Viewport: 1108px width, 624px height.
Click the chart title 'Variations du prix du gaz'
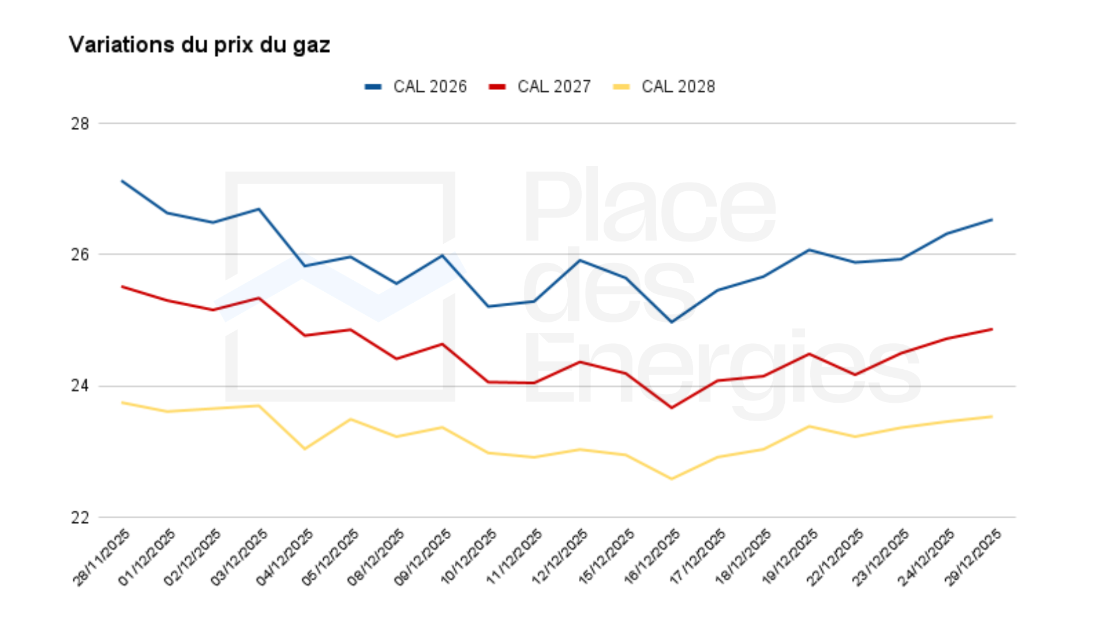coord(199,45)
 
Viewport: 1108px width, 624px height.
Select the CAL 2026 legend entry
coord(416,87)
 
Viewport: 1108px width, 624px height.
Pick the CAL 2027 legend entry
coord(540,87)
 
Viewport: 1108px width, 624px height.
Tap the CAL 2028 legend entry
coord(664,87)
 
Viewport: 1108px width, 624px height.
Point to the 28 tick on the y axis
coord(80,124)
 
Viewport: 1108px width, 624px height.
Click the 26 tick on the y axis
coord(80,254)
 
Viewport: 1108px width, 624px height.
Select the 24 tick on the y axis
coord(80,385)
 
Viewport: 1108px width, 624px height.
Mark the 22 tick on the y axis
coord(80,517)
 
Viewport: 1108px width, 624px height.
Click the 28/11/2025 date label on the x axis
coord(102,558)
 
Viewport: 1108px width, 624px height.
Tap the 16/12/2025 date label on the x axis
coord(652,558)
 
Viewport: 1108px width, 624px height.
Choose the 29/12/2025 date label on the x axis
coord(973,558)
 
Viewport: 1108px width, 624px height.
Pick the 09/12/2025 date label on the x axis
coord(423,558)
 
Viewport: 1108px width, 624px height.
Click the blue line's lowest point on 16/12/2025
coord(671,322)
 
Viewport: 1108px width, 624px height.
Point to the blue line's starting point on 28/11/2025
coord(122,181)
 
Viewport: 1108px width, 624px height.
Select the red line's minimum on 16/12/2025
coord(671,408)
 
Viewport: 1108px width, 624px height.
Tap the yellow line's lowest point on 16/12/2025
coord(671,478)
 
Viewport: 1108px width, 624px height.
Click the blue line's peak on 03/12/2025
coord(259,209)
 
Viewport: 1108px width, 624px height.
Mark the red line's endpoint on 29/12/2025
coord(991,329)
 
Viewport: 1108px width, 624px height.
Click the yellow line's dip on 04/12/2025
coord(305,448)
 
